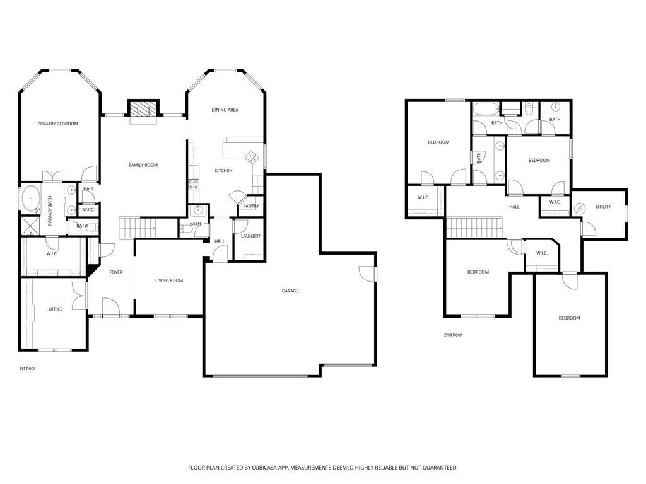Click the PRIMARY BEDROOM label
57,124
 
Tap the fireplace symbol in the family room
143,110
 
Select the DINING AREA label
225,110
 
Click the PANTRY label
250,206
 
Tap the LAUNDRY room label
250,236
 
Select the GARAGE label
290,291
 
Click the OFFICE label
56,309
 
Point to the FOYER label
115,272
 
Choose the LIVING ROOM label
169,280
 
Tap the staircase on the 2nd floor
474,226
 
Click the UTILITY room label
603,207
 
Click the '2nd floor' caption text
452,335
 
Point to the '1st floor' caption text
27,368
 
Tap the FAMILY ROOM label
143,165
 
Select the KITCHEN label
223,171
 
